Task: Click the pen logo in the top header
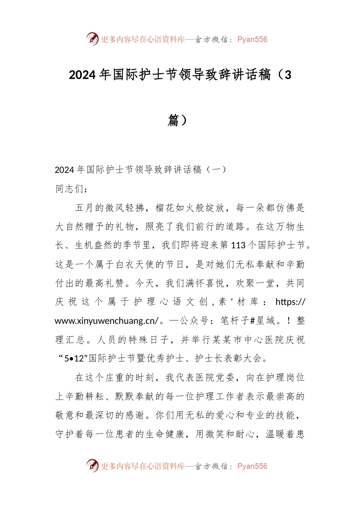pyautogui.click(x=92, y=39)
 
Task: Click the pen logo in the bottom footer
pyautogui.click(x=92, y=465)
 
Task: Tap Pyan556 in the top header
pyautogui.click(x=252, y=39)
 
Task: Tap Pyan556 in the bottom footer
pyautogui.click(x=252, y=466)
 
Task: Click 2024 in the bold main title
pyautogui.click(x=82, y=75)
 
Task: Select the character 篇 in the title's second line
pyautogui.click(x=173, y=120)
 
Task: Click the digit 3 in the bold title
pyautogui.click(x=288, y=75)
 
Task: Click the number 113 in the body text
pyautogui.click(x=238, y=245)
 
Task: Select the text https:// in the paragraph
pyautogui.click(x=290, y=302)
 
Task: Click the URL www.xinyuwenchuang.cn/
pyautogui.click(x=106, y=321)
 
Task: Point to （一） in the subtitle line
pyautogui.click(x=215, y=170)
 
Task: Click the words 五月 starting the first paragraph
pyautogui.click(x=85, y=208)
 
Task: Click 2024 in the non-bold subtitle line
pyautogui.click(x=64, y=170)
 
